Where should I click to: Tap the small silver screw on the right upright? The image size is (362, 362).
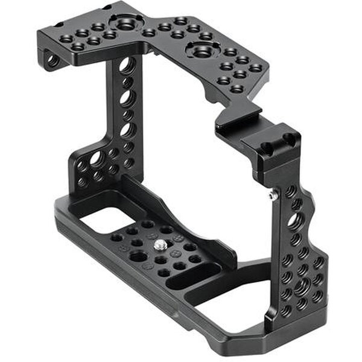point(273,195)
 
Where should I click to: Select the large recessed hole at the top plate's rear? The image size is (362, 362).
point(126,24)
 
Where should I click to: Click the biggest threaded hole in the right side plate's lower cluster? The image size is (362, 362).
point(301,284)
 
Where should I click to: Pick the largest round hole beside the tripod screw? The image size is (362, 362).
point(138,256)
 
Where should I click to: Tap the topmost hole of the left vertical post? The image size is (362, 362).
point(126,65)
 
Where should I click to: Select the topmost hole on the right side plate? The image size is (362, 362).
point(291,191)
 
